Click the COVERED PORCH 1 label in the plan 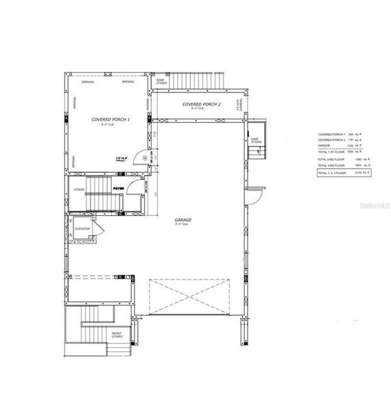click(x=110, y=119)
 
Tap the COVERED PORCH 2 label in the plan click(x=201, y=104)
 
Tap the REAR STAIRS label click(x=161, y=82)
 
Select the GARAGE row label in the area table click(x=325, y=145)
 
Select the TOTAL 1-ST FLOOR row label click(x=331, y=151)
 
